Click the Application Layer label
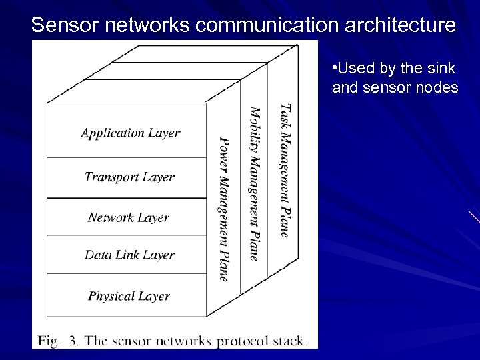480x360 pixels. coord(131,133)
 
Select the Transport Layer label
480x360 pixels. coord(129,177)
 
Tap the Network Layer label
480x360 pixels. coord(129,217)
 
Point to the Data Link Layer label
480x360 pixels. coord(129,255)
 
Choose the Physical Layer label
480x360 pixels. coord(129,296)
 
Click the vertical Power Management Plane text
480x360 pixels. coord(224,209)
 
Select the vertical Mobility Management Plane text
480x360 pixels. coord(254,183)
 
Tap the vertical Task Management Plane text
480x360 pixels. coord(285,170)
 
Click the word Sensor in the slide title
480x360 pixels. coord(61,25)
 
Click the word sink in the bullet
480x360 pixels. coord(440,69)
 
